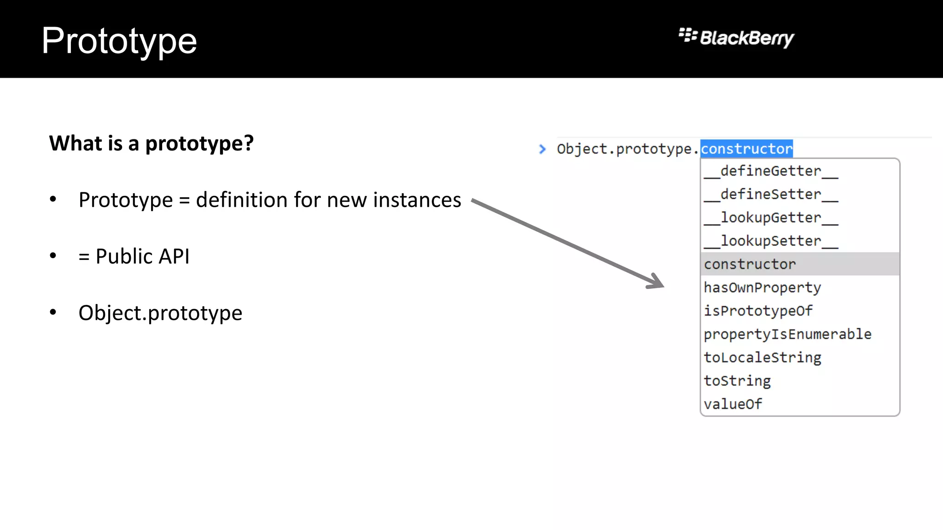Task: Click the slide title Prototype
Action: (x=119, y=41)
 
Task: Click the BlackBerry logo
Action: (x=736, y=38)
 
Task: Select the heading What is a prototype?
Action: (x=151, y=144)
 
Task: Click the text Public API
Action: (x=142, y=257)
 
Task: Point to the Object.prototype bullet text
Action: (x=160, y=313)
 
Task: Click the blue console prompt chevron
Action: (x=542, y=149)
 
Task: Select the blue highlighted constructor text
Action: (x=746, y=149)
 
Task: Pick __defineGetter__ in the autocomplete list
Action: (x=771, y=171)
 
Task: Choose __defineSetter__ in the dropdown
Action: (x=771, y=195)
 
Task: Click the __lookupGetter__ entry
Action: (x=771, y=218)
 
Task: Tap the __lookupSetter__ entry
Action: (x=771, y=241)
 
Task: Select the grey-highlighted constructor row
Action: (x=750, y=264)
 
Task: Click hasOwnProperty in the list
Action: (x=762, y=288)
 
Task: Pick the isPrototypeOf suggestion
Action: (x=758, y=311)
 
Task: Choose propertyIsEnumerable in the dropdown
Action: (x=787, y=334)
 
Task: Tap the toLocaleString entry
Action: (x=762, y=357)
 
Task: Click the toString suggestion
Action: (x=737, y=381)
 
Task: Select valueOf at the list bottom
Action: (x=733, y=404)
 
